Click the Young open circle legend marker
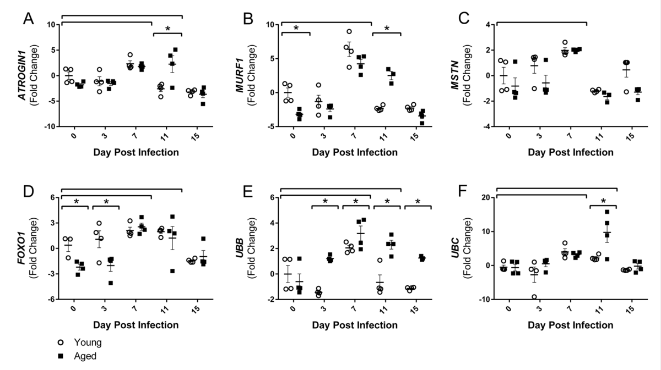point(62,343)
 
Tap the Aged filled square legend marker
point(62,356)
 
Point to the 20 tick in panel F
point(487,198)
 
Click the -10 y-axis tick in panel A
point(51,126)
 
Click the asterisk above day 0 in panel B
point(296,29)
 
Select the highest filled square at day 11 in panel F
point(608,212)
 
